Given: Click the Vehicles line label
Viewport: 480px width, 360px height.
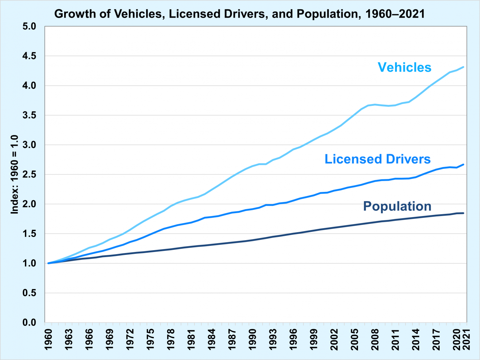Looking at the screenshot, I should click(x=404, y=67).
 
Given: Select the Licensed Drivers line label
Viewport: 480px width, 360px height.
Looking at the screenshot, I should click(x=377, y=159).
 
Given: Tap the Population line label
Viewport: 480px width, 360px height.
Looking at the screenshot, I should click(x=397, y=206).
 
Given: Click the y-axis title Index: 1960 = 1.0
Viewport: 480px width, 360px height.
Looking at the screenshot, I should click(x=14, y=175).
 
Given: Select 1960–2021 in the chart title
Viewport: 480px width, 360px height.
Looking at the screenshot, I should click(x=395, y=14).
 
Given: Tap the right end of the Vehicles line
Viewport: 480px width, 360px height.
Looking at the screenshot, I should click(x=463, y=67).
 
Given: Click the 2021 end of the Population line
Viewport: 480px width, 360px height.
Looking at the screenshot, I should click(x=463, y=213).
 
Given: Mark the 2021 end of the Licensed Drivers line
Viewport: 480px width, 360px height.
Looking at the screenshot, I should click(x=463, y=165).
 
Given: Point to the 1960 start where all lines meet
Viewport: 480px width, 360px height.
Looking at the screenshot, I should click(x=49, y=263).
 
